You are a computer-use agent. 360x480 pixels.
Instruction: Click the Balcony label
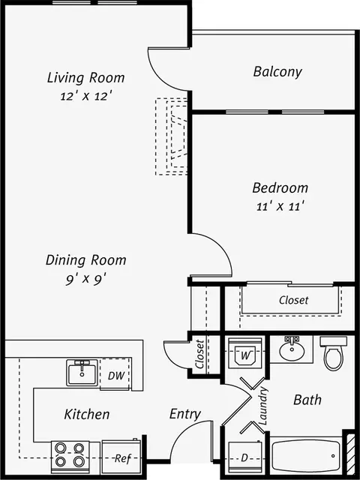click(277, 72)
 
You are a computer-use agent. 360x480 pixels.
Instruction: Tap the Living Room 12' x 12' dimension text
click(85, 97)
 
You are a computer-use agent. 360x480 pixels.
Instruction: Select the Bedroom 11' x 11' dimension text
click(280, 207)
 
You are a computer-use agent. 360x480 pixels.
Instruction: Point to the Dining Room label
click(86, 260)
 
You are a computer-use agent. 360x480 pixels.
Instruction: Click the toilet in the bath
click(333, 353)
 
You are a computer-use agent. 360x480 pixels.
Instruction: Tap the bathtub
click(306, 455)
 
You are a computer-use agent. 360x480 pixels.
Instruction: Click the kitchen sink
click(82, 373)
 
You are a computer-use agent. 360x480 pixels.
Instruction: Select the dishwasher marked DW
click(115, 374)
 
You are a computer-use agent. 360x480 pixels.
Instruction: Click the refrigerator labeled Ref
click(121, 457)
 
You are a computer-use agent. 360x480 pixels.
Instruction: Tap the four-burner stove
click(70, 457)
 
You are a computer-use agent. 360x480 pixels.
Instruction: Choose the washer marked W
click(245, 353)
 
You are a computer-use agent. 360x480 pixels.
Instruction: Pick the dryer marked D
click(245, 457)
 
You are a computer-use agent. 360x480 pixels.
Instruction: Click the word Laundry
click(263, 406)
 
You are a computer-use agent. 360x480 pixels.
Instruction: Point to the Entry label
click(185, 414)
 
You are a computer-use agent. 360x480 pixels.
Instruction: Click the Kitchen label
click(87, 414)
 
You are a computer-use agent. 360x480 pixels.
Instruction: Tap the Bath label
click(307, 400)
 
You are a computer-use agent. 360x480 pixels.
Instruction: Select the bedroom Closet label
click(293, 300)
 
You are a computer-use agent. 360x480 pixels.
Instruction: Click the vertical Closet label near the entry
click(199, 354)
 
